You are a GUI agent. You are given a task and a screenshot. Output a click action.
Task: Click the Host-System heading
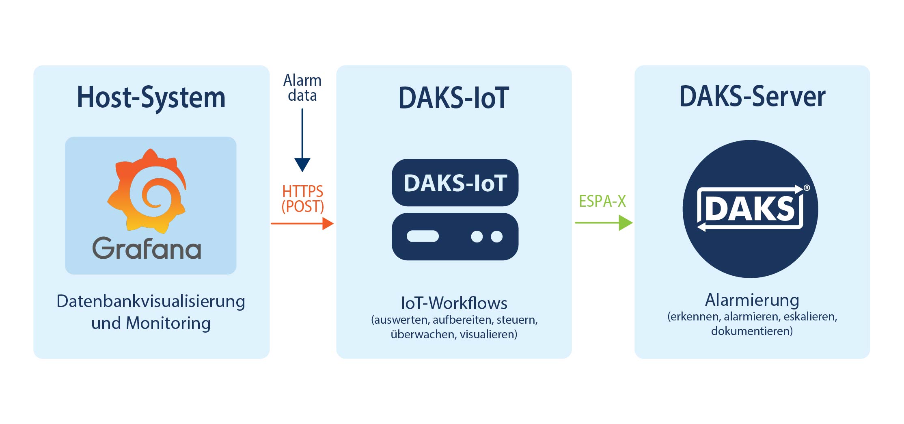(151, 97)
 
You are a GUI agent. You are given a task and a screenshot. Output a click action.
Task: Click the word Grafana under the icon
(147, 248)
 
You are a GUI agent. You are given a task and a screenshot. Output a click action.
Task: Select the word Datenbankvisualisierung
(151, 301)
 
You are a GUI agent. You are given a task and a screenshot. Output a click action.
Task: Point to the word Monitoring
(168, 323)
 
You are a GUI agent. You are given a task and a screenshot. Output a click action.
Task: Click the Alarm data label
(302, 88)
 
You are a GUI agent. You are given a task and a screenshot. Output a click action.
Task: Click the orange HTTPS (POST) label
(303, 199)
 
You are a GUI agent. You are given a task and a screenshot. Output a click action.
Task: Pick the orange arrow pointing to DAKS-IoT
(302, 223)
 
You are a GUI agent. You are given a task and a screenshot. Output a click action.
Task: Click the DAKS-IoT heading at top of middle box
(453, 98)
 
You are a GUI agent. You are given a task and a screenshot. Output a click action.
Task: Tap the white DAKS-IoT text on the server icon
(455, 183)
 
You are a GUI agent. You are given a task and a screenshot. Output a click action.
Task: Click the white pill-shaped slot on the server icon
(423, 236)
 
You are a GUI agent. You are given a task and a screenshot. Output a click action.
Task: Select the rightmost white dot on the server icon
(496, 236)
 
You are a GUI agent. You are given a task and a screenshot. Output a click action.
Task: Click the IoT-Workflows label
(454, 303)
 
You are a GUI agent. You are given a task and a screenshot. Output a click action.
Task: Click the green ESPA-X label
(602, 201)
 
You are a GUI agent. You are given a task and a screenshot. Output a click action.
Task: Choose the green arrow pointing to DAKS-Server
(604, 223)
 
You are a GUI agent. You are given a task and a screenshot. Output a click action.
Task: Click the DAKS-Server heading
(752, 97)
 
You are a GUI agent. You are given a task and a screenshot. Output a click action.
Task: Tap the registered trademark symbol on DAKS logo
(807, 188)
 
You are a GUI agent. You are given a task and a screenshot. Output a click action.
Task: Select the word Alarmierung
(752, 300)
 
